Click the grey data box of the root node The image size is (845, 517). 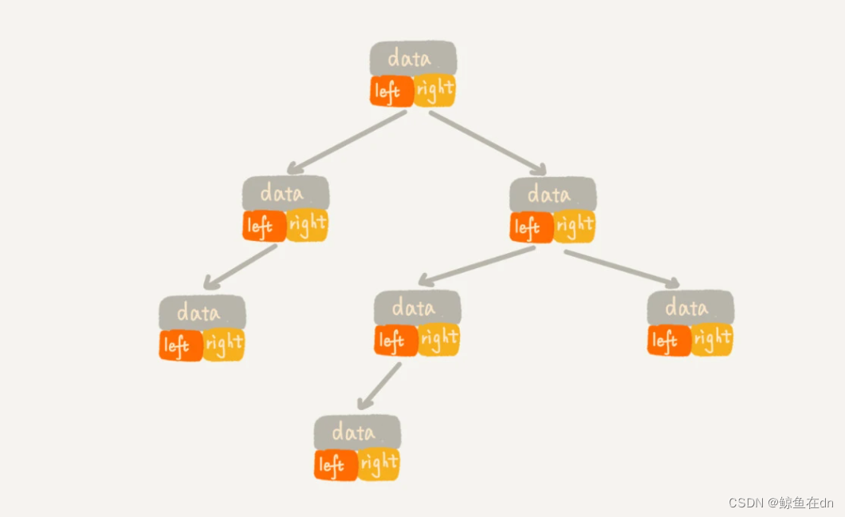click(x=413, y=58)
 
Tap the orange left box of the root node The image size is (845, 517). click(x=391, y=91)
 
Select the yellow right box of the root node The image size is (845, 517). click(x=435, y=89)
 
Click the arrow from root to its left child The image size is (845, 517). click(x=347, y=141)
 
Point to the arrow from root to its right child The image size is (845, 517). click(x=488, y=141)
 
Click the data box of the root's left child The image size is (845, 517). click(x=285, y=193)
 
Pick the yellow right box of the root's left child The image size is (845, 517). click(x=307, y=226)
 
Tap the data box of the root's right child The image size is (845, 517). click(x=552, y=194)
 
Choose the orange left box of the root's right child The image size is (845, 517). click(x=530, y=227)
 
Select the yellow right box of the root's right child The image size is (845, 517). click(x=575, y=226)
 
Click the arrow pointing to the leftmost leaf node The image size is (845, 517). click(x=240, y=266)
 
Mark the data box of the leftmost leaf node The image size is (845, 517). click(x=202, y=312)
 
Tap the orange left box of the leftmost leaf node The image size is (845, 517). click(x=179, y=345)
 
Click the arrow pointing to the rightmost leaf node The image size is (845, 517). click(x=622, y=268)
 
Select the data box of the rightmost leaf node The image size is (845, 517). click(x=690, y=307)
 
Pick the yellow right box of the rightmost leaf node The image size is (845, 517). click(x=712, y=340)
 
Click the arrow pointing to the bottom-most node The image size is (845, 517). click(x=379, y=387)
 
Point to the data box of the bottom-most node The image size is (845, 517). click(x=356, y=432)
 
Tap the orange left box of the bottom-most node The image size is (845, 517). click(x=335, y=464)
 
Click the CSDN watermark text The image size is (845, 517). click(x=780, y=503)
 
